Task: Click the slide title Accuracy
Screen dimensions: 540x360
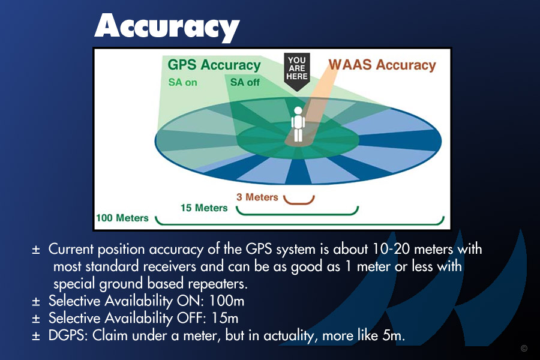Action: pyautogui.click(x=167, y=28)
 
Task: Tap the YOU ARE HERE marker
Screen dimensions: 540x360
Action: pyautogui.click(x=297, y=71)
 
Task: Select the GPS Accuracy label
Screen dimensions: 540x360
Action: pyautogui.click(x=214, y=65)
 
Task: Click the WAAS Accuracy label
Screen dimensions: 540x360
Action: pyautogui.click(x=382, y=65)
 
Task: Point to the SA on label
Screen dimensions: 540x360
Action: pyautogui.click(x=182, y=82)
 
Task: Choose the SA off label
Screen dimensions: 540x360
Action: pyautogui.click(x=245, y=82)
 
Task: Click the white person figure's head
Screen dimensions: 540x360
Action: pyautogui.click(x=298, y=111)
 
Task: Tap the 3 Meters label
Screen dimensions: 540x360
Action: pyautogui.click(x=257, y=197)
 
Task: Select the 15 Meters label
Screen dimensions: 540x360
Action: pyautogui.click(x=204, y=208)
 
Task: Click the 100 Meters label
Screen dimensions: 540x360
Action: pyautogui.click(x=122, y=218)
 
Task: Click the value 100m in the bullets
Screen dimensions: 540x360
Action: pyautogui.click(x=227, y=301)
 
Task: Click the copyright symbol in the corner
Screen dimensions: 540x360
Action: pyautogui.click(x=524, y=348)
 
